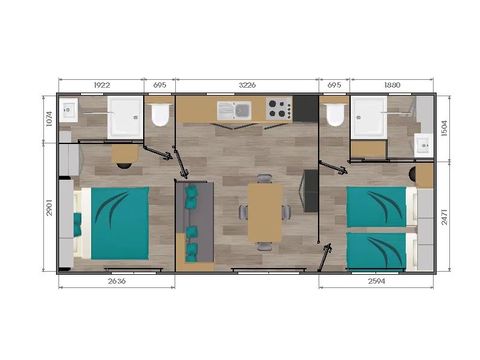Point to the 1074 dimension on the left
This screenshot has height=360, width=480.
coord(48,119)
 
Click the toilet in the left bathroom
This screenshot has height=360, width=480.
coord(159,116)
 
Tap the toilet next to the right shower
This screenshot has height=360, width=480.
coord(334,116)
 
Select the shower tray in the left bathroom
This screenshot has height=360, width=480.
coord(124,116)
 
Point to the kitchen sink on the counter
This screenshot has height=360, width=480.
coord(237,110)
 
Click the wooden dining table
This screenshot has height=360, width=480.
coord(265,212)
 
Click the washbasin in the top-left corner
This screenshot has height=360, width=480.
coord(68,111)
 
